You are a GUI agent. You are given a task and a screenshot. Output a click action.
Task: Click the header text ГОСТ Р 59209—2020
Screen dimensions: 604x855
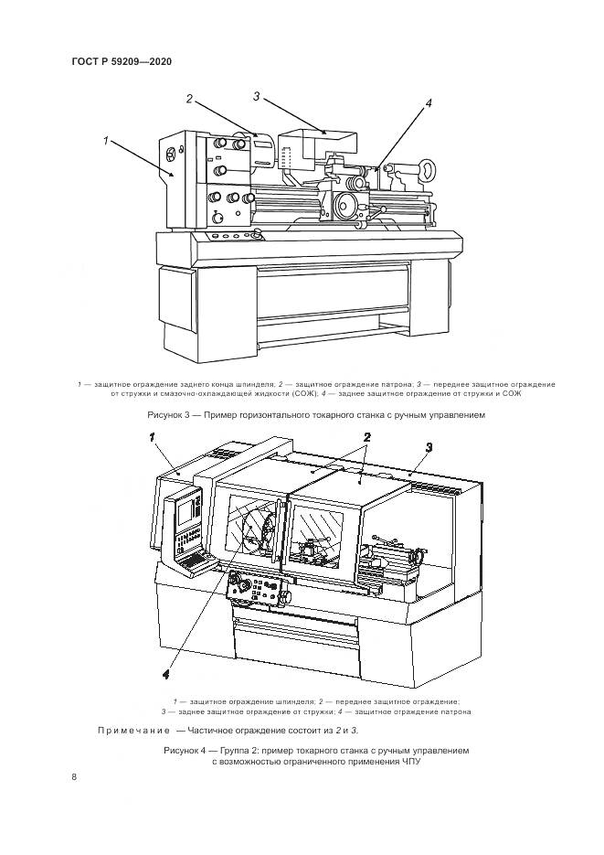[122, 61]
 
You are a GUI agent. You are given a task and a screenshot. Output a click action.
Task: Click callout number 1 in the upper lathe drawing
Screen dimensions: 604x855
[106, 141]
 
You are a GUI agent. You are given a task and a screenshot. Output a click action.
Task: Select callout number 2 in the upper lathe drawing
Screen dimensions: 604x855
[189, 99]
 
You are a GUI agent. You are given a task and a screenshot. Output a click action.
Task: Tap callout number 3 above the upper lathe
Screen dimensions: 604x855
[257, 97]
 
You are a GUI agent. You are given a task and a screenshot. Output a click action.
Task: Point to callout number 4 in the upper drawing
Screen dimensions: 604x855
[428, 103]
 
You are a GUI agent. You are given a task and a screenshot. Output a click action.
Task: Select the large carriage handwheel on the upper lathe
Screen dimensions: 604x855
[345, 206]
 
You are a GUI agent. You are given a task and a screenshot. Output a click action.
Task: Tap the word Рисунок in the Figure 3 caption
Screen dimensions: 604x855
[163, 415]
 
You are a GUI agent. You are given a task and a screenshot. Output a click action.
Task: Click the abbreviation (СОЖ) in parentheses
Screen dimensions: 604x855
[292, 392]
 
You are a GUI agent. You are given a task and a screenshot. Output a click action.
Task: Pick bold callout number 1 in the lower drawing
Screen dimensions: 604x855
[153, 437]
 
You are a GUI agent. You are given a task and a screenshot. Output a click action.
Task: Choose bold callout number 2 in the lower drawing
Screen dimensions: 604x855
[367, 437]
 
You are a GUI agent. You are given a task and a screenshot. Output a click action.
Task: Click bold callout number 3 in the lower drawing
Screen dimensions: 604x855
[429, 448]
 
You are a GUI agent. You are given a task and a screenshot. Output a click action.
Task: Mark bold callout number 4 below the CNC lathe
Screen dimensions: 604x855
[166, 675]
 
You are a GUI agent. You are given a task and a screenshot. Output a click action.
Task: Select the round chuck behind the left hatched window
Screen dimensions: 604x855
[260, 531]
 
